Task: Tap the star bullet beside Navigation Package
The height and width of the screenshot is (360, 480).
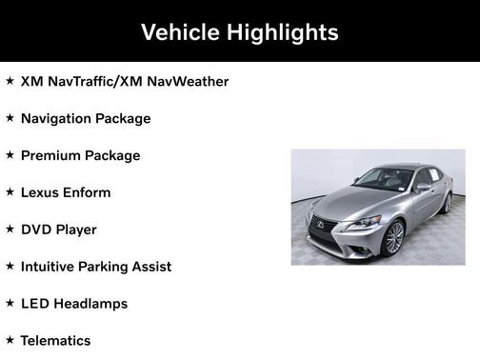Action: [x=10, y=118]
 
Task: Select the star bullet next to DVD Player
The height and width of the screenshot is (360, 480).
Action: [x=10, y=229]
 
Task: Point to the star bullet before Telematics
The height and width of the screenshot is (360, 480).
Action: [x=10, y=339]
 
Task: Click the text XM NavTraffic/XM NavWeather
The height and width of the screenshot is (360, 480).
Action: [x=125, y=82]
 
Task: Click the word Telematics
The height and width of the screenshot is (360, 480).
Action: [x=55, y=340]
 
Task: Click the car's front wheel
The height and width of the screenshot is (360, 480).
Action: [x=394, y=237]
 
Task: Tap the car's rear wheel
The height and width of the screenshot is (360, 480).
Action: [x=446, y=202]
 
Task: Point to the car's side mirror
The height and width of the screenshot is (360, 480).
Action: [x=422, y=188]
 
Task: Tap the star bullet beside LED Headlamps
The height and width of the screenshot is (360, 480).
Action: [x=10, y=303]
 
